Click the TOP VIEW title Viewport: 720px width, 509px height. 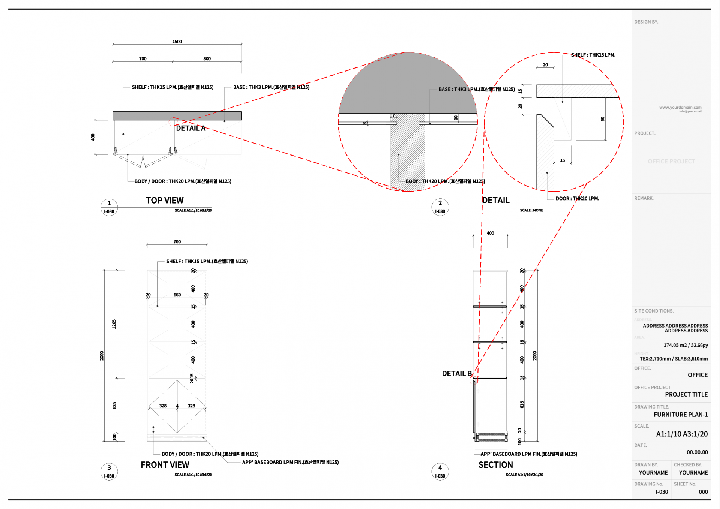click(165, 201)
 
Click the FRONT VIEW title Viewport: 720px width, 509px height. click(165, 465)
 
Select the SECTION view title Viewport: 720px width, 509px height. click(495, 465)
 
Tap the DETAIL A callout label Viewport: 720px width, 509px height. click(190, 128)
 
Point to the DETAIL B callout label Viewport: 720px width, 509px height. click(456, 374)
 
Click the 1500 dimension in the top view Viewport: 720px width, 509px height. click(177, 42)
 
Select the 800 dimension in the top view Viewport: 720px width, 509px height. click(207, 59)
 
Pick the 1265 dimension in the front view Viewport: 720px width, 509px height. click(114, 324)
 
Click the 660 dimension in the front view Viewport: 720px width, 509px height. click(177, 295)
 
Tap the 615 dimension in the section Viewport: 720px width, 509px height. click(522, 404)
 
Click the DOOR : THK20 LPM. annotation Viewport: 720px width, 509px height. click(577, 199)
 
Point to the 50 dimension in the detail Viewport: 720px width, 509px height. click(602, 119)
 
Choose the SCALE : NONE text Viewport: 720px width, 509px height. click(531, 210)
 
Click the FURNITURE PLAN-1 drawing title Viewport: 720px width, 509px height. click(681, 415)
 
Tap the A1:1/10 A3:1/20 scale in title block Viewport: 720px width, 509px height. click(681, 434)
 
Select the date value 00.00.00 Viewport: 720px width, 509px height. click(697, 452)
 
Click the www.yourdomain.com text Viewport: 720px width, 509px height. click(680, 108)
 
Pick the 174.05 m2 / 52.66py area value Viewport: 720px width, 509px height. click(685, 345)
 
